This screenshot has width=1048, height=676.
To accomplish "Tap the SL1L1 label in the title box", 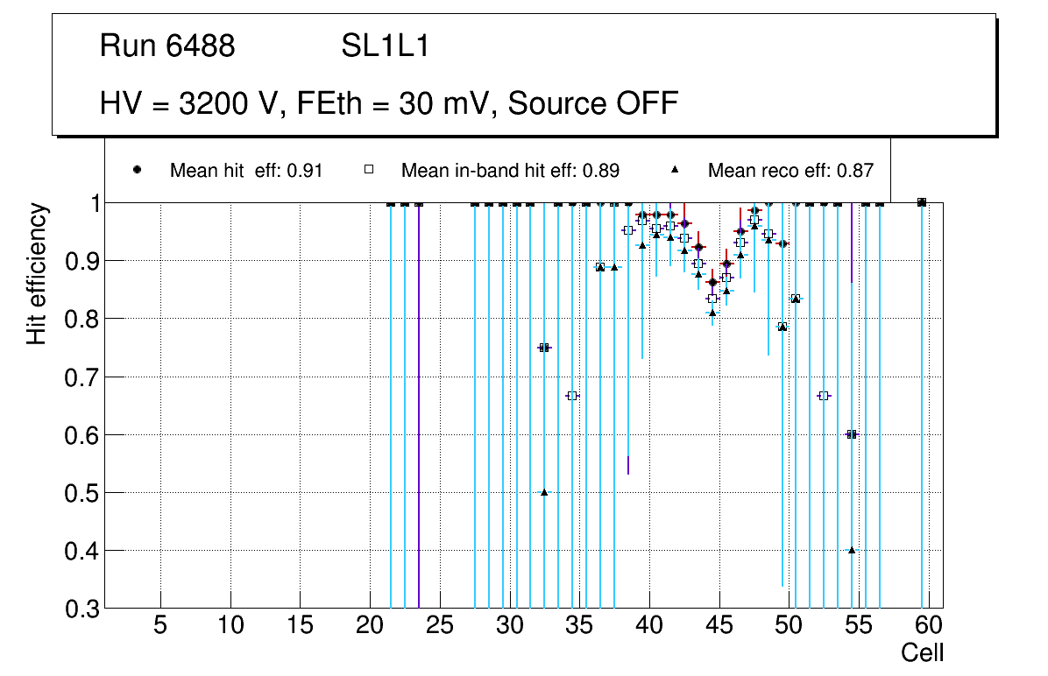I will (x=385, y=47).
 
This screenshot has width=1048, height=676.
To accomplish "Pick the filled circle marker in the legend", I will (x=138, y=170).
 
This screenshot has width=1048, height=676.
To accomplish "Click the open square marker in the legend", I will (x=369, y=170).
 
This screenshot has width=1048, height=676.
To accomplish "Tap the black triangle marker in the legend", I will (x=676, y=170).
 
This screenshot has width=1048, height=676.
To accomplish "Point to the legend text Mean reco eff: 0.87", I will (x=790, y=171).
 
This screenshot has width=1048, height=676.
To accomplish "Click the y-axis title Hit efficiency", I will (x=37, y=274).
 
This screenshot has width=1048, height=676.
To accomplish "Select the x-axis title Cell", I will (x=923, y=652).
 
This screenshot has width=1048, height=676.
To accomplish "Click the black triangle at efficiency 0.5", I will (x=544, y=492).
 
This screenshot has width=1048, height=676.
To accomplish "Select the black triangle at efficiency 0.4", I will (x=852, y=550).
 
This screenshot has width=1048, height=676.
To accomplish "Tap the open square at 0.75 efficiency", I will (x=544, y=348).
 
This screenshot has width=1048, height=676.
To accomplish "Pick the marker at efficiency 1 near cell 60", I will (x=922, y=202).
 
